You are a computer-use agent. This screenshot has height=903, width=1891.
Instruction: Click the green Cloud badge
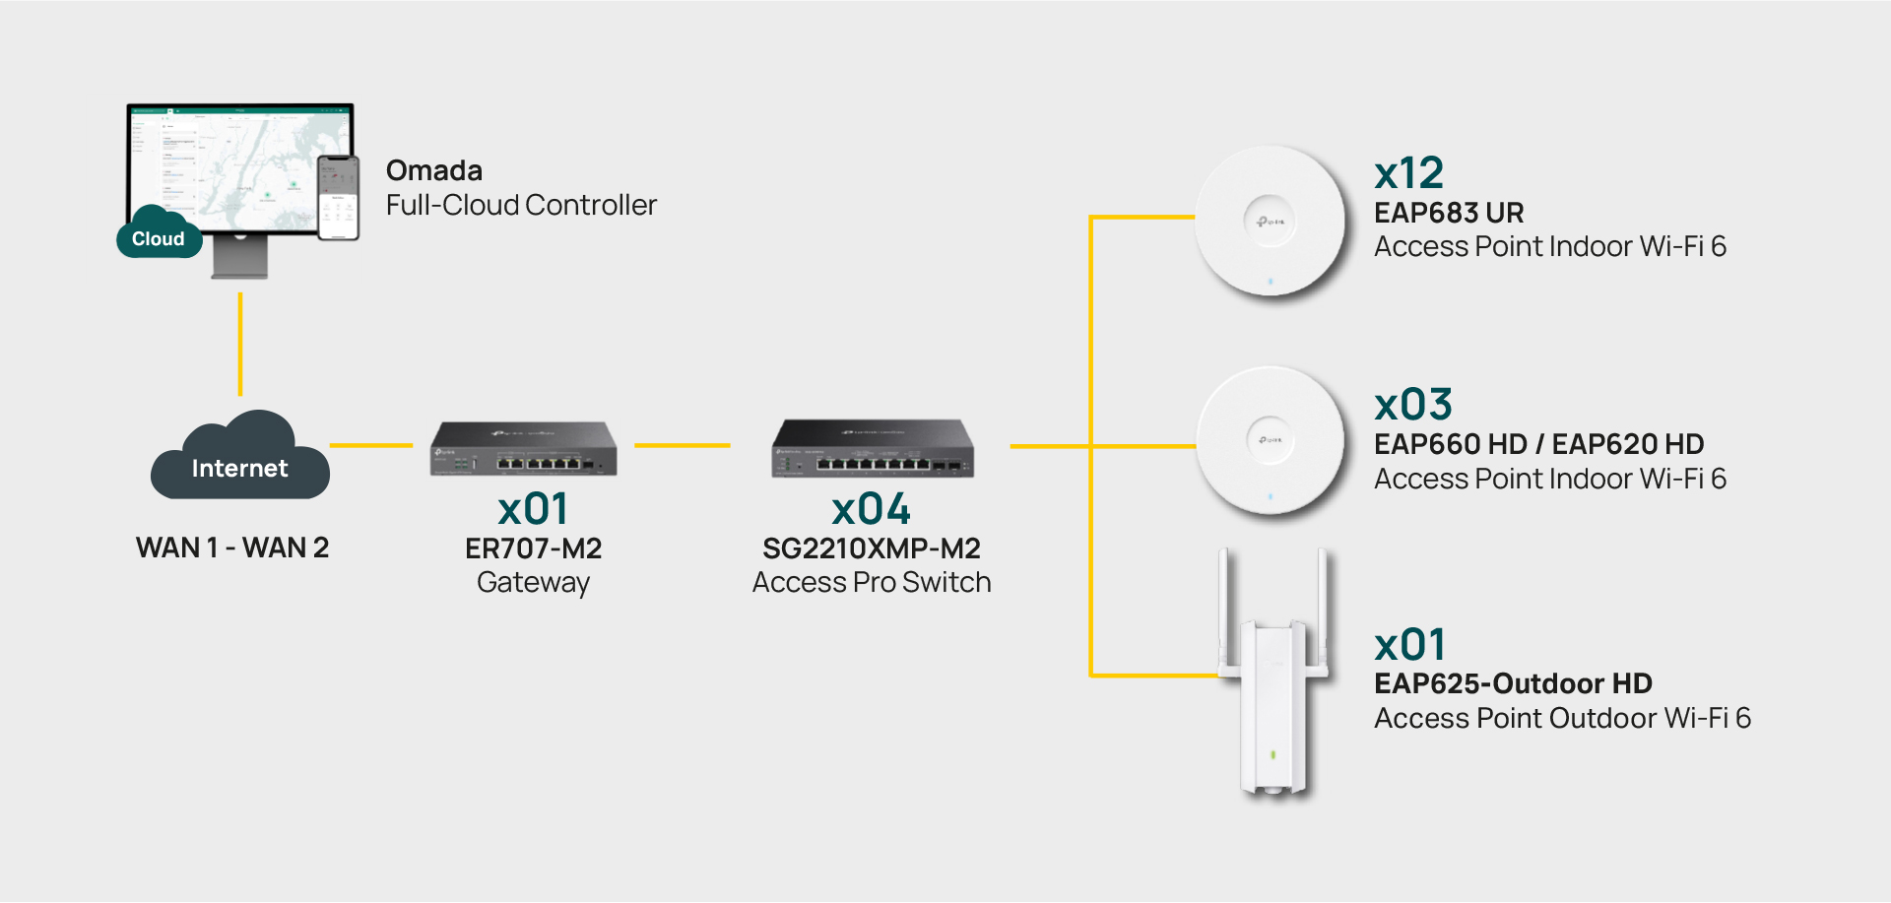coord(159,238)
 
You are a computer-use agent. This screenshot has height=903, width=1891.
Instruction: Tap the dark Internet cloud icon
coord(239,461)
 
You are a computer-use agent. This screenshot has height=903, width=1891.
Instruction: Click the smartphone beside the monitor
coord(338,198)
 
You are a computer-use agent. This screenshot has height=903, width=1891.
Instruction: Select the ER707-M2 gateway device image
coord(524,449)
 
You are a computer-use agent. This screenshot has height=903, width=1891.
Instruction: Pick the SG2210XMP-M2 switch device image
coord(873,449)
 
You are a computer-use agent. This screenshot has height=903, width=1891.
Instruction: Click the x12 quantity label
coord(1408,174)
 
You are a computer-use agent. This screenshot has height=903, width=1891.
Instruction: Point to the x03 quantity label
coord(1413,405)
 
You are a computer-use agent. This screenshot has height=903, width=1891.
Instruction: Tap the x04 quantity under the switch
coord(871,509)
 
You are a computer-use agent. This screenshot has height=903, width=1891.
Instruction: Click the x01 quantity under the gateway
coord(533,509)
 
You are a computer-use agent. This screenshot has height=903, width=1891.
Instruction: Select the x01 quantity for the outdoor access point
coord(1410,646)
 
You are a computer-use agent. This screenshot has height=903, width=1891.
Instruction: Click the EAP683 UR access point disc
coord(1270,222)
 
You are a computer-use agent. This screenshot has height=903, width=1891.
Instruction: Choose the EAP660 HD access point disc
coord(1270,440)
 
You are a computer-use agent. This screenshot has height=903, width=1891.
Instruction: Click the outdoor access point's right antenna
coord(1323,611)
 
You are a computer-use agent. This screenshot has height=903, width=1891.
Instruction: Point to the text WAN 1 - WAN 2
coord(232,548)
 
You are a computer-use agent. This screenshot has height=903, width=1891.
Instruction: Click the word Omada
coord(434,170)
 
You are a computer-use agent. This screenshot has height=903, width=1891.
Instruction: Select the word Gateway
coord(533,583)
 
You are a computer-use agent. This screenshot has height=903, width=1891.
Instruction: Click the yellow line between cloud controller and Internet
coord(239,344)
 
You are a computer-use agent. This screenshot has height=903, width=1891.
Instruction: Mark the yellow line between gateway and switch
coord(683,445)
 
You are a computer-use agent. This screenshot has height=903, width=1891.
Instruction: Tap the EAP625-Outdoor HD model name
coord(1513,683)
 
